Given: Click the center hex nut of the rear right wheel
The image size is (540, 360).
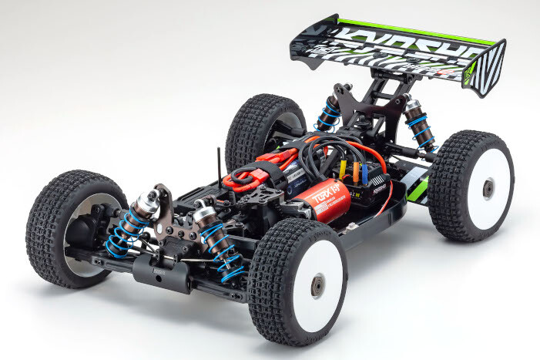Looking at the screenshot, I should click(488, 187).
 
